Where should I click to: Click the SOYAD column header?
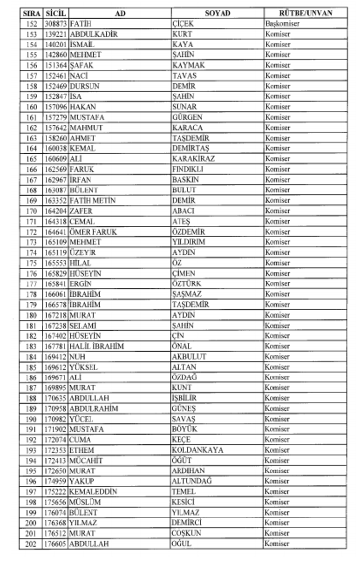coord(218,13)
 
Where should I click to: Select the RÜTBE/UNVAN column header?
coord(306,13)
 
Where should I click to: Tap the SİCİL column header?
coord(56,13)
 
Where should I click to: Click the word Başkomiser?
coord(282,24)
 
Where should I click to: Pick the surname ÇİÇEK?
coord(183,24)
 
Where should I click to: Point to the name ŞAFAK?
coord(82,65)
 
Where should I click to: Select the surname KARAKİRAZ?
coord(193,159)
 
